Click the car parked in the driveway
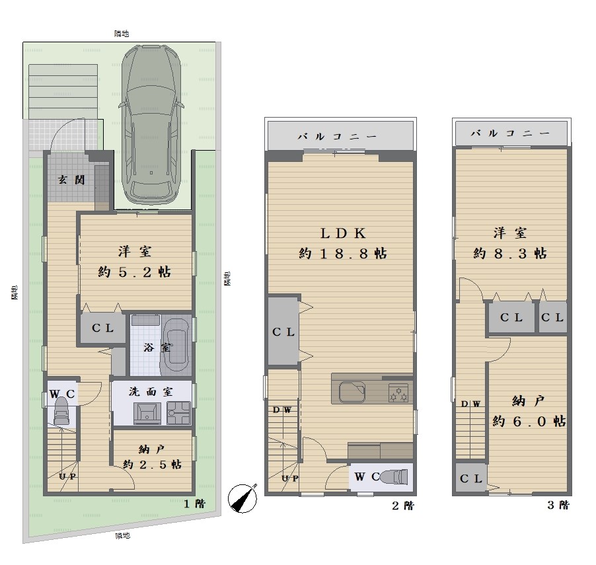[151, 125]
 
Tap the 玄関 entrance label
[71, 180]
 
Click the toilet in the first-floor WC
[61, 411]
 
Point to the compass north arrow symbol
[242, 498]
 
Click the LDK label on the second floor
[342, 233]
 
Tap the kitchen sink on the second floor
[352, 392]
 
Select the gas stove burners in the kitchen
[398, 393]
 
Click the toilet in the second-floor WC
[394, 476]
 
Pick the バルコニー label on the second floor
[337, 136]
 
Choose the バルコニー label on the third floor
[510, 133]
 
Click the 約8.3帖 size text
[510, 253]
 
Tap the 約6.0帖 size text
[529, 421]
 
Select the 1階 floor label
[195, 504]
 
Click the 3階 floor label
[558, 505]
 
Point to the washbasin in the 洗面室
[147, 413]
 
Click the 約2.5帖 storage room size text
[153, 465]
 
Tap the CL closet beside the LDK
[283, 332]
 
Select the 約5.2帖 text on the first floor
[135, 272]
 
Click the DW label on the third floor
[470, 404]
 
